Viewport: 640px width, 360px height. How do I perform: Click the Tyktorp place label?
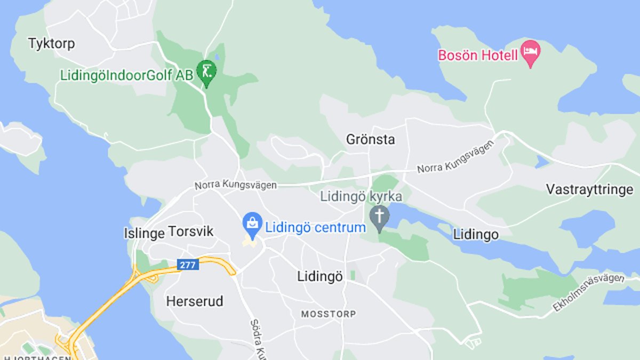tap(51, 43)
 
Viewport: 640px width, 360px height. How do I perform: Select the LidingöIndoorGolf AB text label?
tap(126, 75)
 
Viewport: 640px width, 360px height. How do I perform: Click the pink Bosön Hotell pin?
tap(530, 52)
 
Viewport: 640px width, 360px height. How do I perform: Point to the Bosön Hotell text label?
tap(477, 55)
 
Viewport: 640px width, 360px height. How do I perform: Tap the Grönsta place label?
tap(371, 140)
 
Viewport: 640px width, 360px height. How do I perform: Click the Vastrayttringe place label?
tap(589, 189)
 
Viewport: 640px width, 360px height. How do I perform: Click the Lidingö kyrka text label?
tap(361, 196)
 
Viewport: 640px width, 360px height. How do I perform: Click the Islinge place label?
tap(144, 233)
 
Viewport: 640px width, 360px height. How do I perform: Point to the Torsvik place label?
tap(190, 231)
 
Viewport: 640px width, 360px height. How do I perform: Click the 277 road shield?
tap(188, 264)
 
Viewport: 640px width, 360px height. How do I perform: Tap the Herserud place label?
tap(195, 301)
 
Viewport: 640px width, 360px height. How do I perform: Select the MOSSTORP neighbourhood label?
tap(329, 314)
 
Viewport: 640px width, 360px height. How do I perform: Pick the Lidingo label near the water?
tap(476, 235)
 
